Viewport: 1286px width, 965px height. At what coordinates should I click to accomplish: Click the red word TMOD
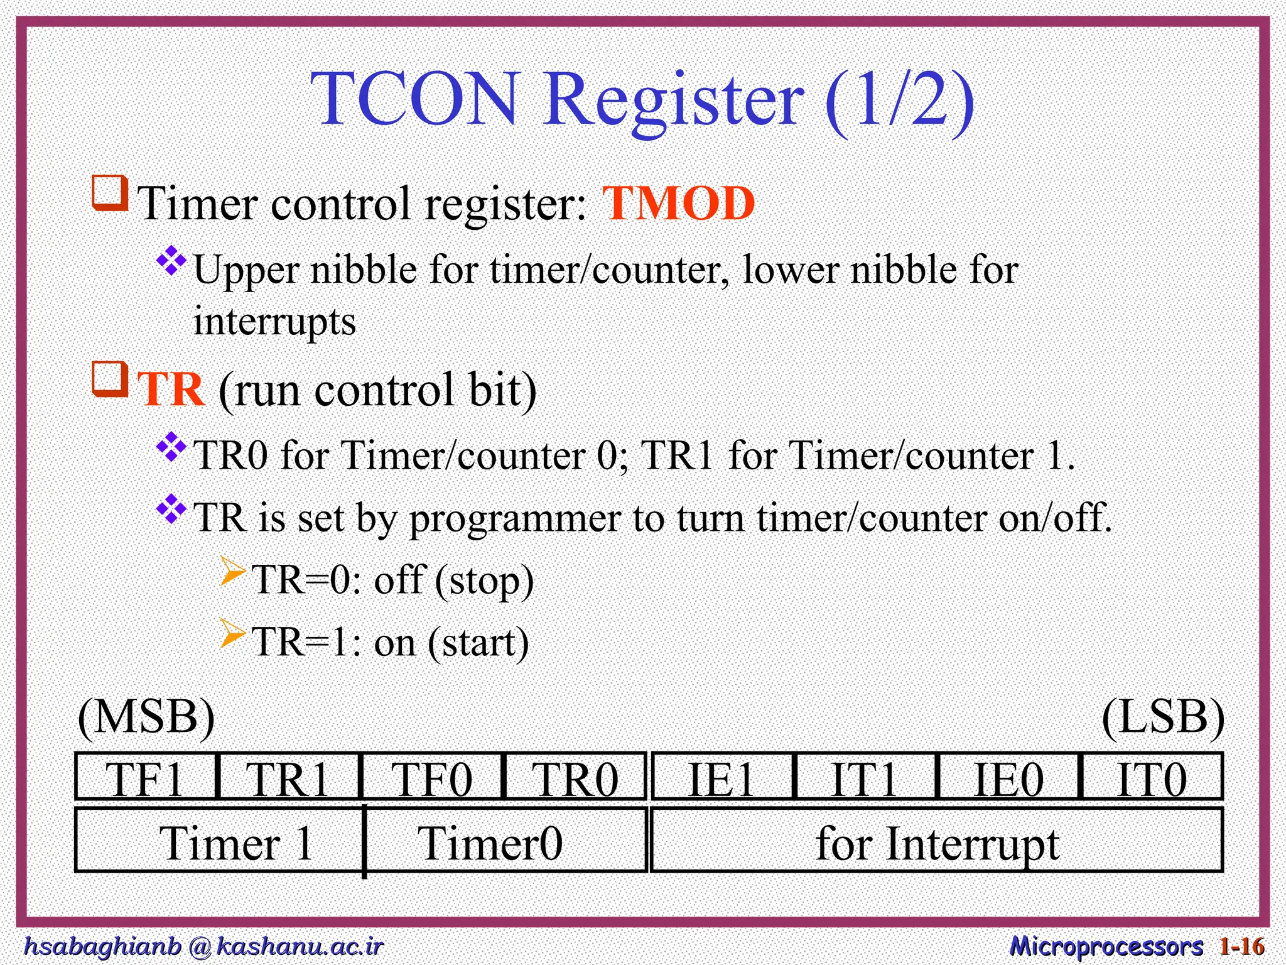click(x=678, y=204)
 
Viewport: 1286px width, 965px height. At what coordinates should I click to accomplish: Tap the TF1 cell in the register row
click(x=146, y=777)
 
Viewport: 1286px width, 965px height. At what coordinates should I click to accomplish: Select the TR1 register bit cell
click(x=288, y=777)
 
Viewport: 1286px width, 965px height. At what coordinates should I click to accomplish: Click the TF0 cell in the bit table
click(x=432, y=777)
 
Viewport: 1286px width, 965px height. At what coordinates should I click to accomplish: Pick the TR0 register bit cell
click(x=575, y=777)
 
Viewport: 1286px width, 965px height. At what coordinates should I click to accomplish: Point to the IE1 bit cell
click(x=722, y=777)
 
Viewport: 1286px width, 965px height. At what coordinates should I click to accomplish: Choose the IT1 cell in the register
click(x=865, y=777)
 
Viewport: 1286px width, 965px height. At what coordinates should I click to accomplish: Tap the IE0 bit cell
click(x=1008, y=777)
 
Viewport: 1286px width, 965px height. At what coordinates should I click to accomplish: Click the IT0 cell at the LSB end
click(x=1152, y=777)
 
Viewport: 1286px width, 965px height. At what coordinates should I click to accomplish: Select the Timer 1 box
click(x=220, y=841)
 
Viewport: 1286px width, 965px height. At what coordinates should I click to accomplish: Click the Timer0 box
click(x=505, y=841)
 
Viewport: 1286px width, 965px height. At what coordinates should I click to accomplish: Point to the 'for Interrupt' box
click(x=937, y=841)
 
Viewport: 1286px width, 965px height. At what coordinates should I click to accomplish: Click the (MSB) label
click(x=146, y=717)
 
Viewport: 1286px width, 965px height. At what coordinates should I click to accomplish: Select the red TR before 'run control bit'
click(x=171, y=390)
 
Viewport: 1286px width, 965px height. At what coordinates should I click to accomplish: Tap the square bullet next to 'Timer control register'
click(x=111, y=194)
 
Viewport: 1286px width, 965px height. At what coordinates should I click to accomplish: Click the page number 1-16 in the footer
click(x=1241, y=946)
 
